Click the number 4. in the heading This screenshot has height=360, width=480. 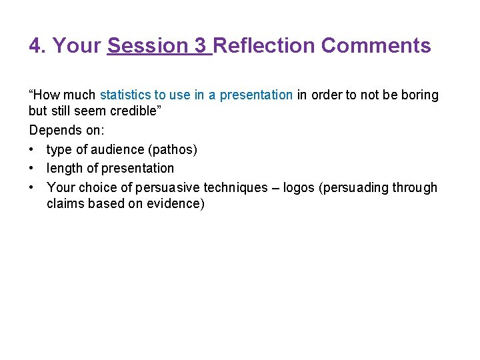[38, 46]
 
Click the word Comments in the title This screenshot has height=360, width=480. [376, 46]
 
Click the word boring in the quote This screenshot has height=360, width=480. [420, 95]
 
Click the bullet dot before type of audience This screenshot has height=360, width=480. [33, 150]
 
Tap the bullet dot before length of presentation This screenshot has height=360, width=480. [33, 169]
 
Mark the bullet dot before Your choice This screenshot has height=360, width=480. [33, 188]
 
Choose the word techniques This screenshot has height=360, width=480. [237, 188]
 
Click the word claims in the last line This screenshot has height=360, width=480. [65, 204]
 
